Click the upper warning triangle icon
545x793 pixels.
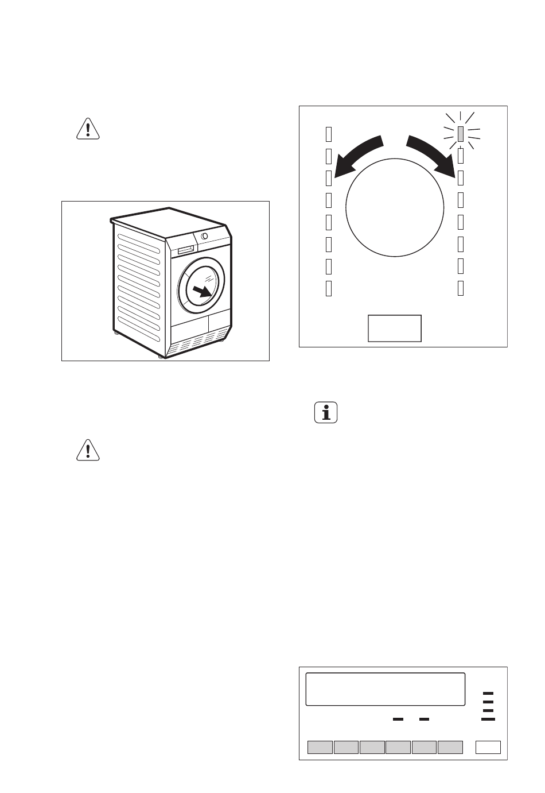pyautogui.click(x=88, y=129)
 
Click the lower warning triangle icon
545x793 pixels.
pyautogui.click(x=88, y=450)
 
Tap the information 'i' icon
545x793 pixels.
pyautogui.click(x=326, y=413)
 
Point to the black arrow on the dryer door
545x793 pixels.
pyautogui.click(x=201, y=291)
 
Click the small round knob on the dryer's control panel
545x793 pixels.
pyautogui.click(x=205, y=236)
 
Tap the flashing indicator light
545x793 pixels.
pyautogui.click(x=461, y=134)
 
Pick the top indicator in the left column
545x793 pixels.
pyautogui.click(x=329, y=134)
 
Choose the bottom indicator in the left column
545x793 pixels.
pyautogui.click(x=329, y=288)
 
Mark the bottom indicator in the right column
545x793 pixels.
pyautogui.click(x=461, y=288)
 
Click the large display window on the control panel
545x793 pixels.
pyautogui.click(x=385, y=689)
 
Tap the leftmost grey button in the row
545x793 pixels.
pyautogui.click(x=320, y=747)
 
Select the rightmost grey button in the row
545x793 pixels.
pyautogui.click(x=450, y=747)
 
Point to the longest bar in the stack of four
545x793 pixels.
pyautogui.click(x=488, y=719)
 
